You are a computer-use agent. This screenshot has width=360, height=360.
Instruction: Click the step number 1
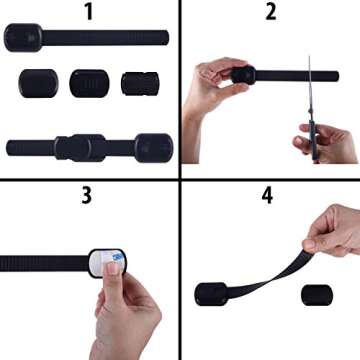90,12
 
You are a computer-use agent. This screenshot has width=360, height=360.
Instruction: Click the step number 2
270,12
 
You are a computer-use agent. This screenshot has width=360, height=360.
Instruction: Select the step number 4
267,194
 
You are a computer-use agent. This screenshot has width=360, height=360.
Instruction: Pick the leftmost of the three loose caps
36,82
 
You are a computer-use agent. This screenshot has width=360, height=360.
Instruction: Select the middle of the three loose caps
87,82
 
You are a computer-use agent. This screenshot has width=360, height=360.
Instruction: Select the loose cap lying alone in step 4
317,297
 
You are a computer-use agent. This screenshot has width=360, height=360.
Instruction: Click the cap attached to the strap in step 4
211,294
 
